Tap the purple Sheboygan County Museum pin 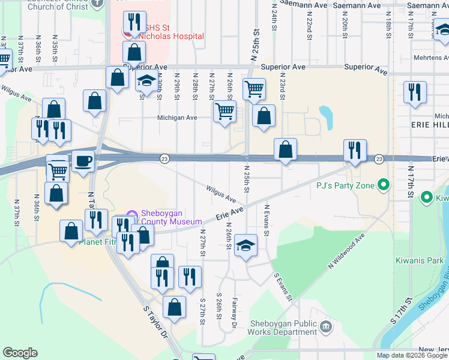tap(131, 214)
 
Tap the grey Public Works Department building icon tap(326, 327)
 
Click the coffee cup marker tap(83, 161)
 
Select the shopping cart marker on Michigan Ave tap(224, 111)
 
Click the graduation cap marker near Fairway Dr tap(245, 245)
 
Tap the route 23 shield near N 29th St tap(164, 158)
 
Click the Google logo tap(20, 353)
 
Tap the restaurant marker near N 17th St tap(415, 92)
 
